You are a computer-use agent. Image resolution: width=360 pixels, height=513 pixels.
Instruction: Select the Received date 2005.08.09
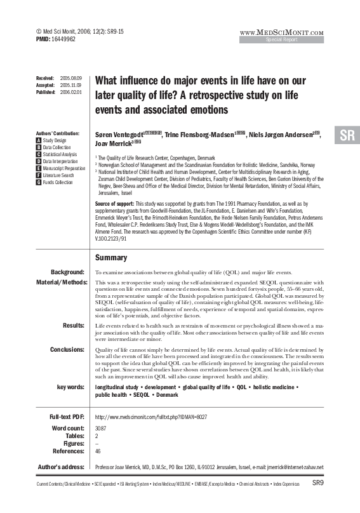pos(70,77)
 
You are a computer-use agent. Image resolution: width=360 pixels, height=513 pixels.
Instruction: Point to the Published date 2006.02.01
pos(70,91)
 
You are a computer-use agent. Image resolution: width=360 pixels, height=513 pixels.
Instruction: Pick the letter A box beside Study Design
pos(39,140)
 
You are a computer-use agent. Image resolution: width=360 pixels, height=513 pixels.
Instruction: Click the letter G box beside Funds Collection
pos(39,182)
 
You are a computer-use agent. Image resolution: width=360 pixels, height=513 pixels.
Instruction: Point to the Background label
pos(68,272)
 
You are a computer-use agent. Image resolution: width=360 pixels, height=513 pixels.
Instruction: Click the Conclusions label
pos(67,349)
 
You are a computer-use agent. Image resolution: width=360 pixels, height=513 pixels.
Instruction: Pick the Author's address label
pos(61,467)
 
